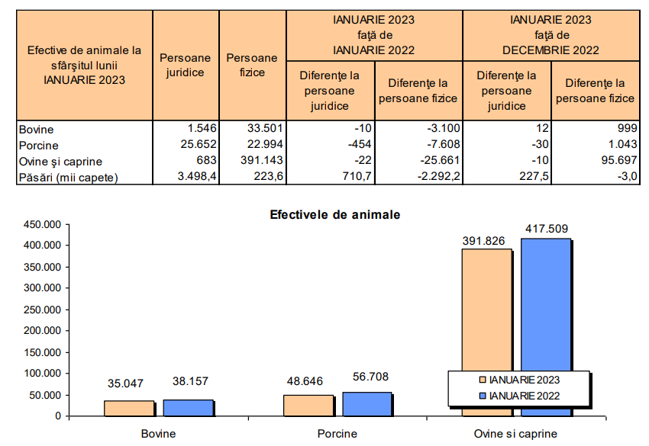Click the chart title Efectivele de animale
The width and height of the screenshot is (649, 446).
334,215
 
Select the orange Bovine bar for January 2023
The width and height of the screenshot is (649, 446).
129,408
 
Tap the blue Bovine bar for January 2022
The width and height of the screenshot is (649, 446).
188,407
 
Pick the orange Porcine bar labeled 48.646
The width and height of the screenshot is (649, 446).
308,405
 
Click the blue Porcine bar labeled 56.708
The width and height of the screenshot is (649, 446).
367,403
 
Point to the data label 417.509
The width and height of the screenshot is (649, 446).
547,228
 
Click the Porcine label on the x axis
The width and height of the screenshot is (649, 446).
337,434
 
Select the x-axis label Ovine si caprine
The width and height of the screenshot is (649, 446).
516,434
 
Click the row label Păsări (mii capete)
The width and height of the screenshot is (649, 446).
69,177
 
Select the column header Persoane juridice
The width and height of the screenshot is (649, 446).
186,65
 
